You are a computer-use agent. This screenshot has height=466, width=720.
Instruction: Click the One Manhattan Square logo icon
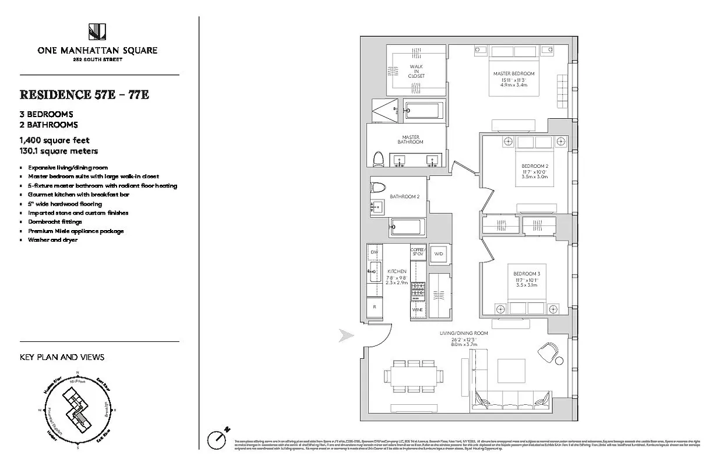click(x=97, y=33)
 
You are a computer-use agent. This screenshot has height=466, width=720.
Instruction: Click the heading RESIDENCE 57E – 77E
click(x=84, y=94)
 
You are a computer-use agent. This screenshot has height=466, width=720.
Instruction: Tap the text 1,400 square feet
click(x=55, y=140)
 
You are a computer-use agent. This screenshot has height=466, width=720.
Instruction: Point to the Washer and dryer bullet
click(x=52, y=240)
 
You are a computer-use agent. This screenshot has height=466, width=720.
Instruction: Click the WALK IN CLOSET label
click(x=417, y=71)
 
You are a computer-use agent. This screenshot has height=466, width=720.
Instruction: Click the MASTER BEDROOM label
click(x=513, y=73)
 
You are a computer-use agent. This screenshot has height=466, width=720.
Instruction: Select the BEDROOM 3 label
click(x=526, y=274)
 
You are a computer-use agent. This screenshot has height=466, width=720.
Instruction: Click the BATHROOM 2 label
click(x=404, y=197)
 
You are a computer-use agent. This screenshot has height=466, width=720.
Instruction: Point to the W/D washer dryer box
click(x=439, y=254)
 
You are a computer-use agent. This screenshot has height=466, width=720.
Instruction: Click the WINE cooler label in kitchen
click(x=417, y=310)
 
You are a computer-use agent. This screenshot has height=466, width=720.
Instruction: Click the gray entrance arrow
click(x=347, y=335)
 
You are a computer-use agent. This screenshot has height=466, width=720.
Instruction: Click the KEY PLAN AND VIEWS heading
click(x=62, y=357)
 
